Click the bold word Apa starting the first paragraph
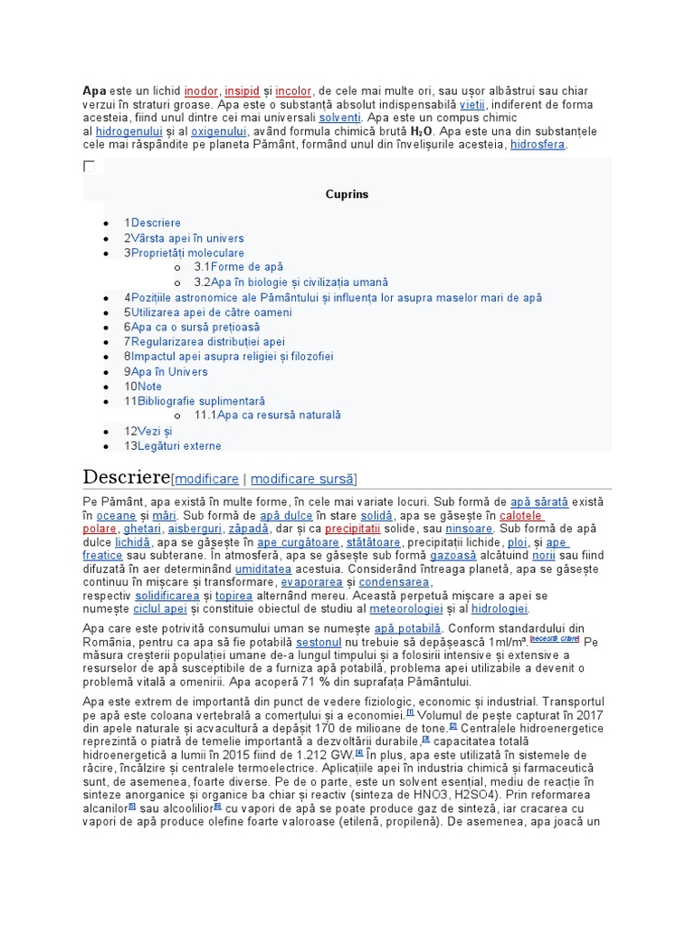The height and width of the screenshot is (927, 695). pyautogui.click(x=94, y=91)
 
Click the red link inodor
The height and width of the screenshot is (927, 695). pyautogui.click(x=200, y=91)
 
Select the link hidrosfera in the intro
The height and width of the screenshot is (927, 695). pyautogui.click(x=538, y=145)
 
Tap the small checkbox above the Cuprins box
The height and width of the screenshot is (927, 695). pyautogui.click(x=89, y=167)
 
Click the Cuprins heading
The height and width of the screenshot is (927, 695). pyautogui.click(x=347, y=195)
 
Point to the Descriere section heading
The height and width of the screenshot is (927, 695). pyautogui.click(x=126, y=477)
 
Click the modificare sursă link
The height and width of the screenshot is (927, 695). pyautogui.click(x=303, y=479)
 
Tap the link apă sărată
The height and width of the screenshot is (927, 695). pyautogui.click(x=539, y=502)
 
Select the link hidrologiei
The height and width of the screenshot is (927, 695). pyautogui.click(x=500, y=609)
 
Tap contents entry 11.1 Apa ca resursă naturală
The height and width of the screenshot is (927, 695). pyautogui.click(x=267, y=416)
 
